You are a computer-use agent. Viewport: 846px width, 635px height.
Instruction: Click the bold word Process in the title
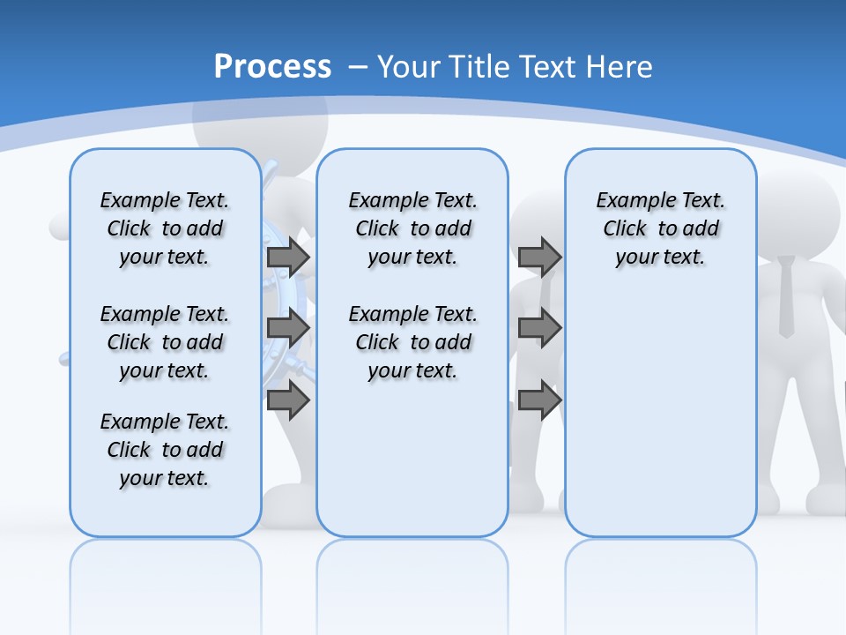pos(272,67)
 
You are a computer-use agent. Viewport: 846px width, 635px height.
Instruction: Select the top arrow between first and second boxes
pos(288,258)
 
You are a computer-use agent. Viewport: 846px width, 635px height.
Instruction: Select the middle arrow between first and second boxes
pos(288,329)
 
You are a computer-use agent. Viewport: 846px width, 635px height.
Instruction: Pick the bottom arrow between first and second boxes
pos(288,400)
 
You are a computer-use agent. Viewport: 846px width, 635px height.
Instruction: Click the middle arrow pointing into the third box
pos(539,329)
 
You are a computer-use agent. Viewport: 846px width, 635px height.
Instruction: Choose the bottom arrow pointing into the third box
pos(539,400)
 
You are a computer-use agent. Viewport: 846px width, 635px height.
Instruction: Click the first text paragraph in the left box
pos(165,228)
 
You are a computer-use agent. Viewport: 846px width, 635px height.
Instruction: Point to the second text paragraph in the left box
pos(165,342)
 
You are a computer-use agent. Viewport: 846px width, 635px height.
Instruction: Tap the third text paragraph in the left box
pos(165,450)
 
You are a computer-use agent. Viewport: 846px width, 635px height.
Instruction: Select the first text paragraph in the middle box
pos(413,228)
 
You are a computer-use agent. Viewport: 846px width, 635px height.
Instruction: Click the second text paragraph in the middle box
pos(413,342)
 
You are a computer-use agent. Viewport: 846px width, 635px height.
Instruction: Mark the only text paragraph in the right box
pos(661,228)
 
